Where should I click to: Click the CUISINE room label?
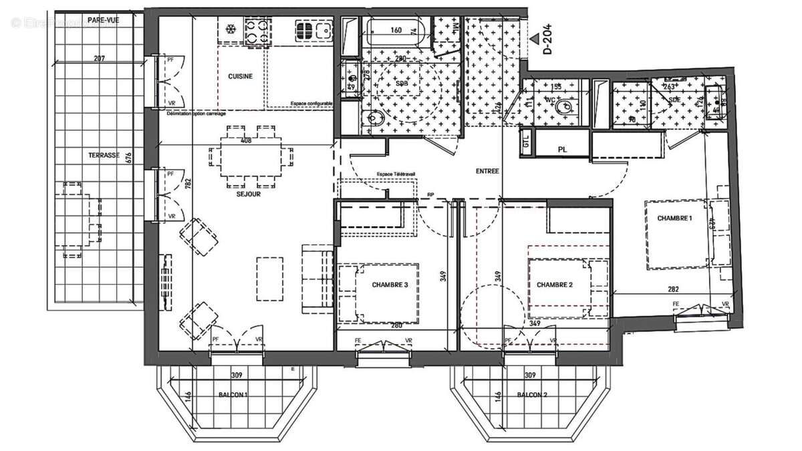click(241, 76)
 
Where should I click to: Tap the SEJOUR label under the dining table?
click(248, 195)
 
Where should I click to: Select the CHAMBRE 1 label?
click(675, 218)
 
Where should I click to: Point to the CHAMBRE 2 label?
click(555, 285)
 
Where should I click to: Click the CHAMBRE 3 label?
click(390, 285)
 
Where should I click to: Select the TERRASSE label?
click(104, 155)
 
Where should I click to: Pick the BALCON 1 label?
click(233, 395)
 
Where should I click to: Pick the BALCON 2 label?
click(532, 395)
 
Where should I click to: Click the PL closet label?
click(562, 150)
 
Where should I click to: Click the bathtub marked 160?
click(396, 31)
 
